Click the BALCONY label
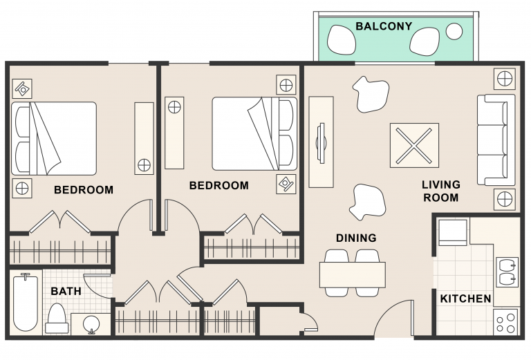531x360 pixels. click(384, 26)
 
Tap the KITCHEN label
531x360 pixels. click(465, 299)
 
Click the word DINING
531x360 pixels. click(356, 238)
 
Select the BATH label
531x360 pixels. click(66, 291)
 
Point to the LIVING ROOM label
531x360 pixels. click(441, 191)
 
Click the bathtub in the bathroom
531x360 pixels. click(25, 303)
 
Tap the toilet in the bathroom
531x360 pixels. click(57, 318)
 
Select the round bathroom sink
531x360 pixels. click(91, 324)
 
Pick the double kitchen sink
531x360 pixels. click(507, 272)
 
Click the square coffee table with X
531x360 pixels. click(414, 145)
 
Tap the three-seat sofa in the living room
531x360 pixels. click(496, 140)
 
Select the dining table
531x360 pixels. click(352, 275)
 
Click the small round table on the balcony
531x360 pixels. click(454, 32)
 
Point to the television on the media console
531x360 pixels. click(321, 142)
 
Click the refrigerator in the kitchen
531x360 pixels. click(453, 232)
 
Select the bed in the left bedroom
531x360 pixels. click(54, 138)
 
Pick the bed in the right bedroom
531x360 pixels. click(254, 133)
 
